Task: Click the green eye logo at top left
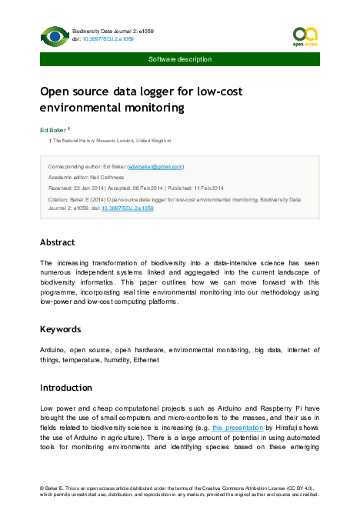tap(55, 36)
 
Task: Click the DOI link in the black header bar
tap(108, 37)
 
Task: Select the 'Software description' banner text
tap(180, 59)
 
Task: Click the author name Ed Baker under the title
tap(53, 131)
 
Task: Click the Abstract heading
tap(58, 242)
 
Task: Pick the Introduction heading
tap(65, 388)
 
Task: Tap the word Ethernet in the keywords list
tap(146, 360)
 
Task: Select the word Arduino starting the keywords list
tap(53, 350)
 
